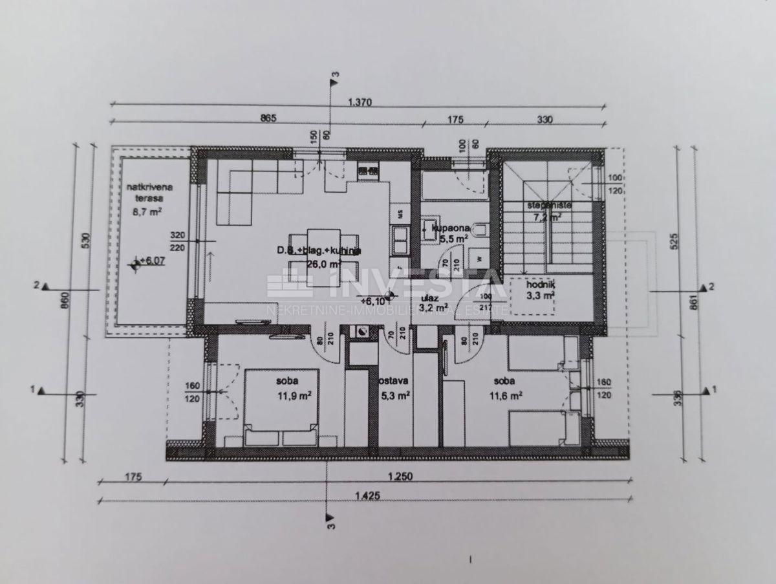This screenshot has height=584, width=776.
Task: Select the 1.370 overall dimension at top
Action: click(x=361, y=102)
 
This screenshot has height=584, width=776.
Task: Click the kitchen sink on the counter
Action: click(x=400, y=241)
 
